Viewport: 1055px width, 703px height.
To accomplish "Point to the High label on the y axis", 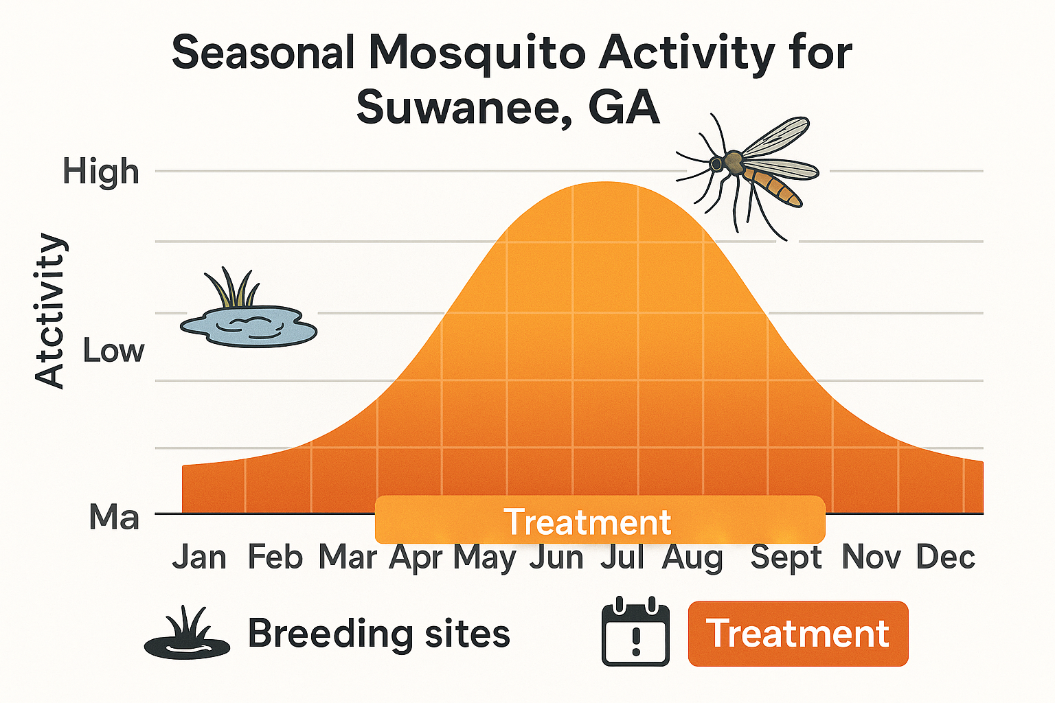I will (101, 171).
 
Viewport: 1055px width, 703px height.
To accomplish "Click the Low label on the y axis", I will (113, 351).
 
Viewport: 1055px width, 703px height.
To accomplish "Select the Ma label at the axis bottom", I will (114, 516).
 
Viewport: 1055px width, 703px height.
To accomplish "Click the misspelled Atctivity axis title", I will (50, 310).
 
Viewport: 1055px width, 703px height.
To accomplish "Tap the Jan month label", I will (199, 557).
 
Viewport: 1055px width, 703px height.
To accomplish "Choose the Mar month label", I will (348, 557).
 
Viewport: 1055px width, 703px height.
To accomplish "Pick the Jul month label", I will (622, 557).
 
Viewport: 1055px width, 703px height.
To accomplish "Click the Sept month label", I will (786, 557).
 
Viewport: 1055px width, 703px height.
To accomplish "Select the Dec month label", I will (946, 557).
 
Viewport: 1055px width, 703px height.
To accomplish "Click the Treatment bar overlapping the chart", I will (599, 521).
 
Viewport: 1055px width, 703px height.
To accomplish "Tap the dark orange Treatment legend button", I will (798, 634).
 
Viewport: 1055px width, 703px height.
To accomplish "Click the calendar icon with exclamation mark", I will (635, 632).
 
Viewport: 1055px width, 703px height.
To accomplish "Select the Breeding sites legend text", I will (378, 633).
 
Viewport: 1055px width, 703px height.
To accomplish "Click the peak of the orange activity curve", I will (604, 184).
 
